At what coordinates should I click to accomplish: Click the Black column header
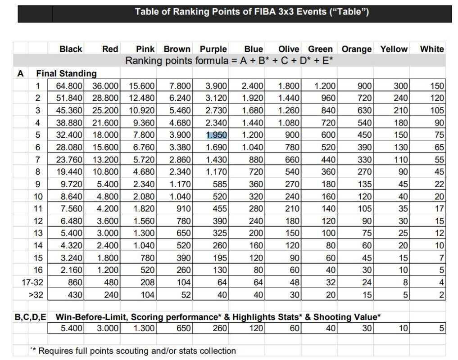[71, 49]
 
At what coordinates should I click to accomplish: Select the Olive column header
[289, 49]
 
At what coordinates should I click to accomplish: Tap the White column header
[431, 49]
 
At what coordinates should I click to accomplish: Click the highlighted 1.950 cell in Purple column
[216, 135]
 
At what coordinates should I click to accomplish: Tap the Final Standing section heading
[66, 73]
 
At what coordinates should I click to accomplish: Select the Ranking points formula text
[229, 61]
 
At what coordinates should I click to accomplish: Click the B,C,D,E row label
[30, 317]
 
